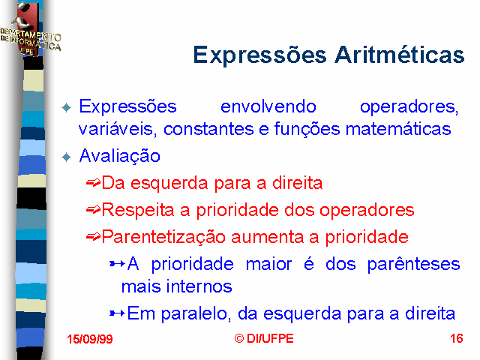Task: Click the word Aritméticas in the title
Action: pos(400,55)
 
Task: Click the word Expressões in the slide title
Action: pos(260,55)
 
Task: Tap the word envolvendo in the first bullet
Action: pos(268,106)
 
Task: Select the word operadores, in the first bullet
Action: pos(409,107)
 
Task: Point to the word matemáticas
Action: pos(398,128)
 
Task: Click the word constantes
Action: pos(208,129)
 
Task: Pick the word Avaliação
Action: pos(120,156)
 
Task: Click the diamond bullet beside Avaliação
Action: pos(67,157)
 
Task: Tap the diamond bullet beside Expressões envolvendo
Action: pos(67,108)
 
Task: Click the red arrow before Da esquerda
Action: pos(93,183)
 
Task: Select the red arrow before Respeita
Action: pos(93,210)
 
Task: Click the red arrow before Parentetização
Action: pos(93,237)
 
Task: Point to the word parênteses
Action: pos(413,264)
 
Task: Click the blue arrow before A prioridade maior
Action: pos(117,263)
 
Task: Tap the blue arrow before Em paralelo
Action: pos(117,313)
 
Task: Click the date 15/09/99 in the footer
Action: pos(90,339)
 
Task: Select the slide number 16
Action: pos(457,338)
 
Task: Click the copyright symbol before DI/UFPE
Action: pos(239,338)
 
